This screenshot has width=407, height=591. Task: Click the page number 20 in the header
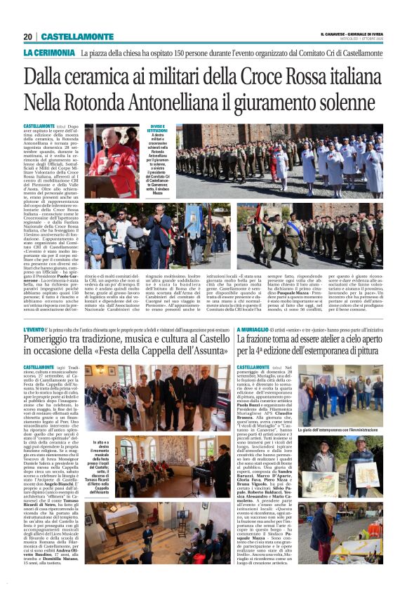coord(27,37)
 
